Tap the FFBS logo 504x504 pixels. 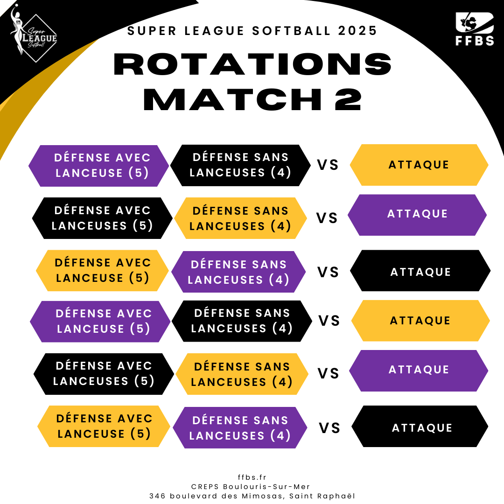475,29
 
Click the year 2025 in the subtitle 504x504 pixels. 357,31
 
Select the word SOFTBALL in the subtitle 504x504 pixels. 291,31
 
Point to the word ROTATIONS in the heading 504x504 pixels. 252,64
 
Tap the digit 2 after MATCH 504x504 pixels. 348,99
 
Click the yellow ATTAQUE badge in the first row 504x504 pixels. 419,165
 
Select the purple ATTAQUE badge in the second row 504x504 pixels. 417,215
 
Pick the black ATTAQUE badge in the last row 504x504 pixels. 420,426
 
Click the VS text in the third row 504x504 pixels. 328,272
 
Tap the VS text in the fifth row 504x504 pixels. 329,373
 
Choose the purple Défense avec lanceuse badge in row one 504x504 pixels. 98,166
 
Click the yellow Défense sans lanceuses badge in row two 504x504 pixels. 240,218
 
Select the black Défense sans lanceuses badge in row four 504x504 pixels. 242,321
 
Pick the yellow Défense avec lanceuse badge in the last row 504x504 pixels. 104,426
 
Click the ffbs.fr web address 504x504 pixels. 252,477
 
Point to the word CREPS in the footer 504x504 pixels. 205,487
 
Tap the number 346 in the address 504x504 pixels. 158,496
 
